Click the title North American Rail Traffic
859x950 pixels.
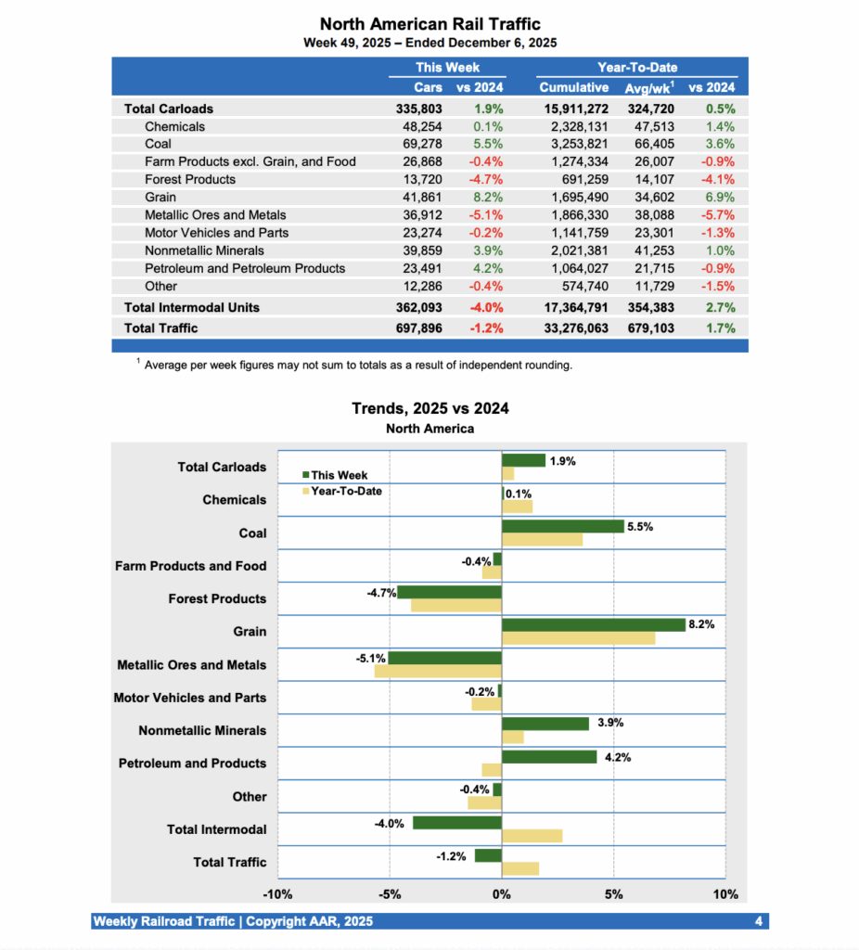[429, 24]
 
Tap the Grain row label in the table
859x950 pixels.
[160, 197]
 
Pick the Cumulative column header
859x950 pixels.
[574, 87]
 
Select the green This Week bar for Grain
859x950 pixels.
[593, 625]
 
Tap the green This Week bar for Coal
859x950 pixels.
[562, 526]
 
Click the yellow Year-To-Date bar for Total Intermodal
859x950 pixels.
[532, 836]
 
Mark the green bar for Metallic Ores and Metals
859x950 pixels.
[444, 658]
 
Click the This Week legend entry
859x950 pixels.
[339, 475]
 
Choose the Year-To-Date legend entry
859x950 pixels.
[345, 491]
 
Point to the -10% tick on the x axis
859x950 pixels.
[278, 894]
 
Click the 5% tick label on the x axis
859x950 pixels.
[613, 894]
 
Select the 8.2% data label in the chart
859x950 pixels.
[701, 624]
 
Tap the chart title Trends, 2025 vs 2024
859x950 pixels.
[429, 408]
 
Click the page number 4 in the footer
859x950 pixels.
[759, 921]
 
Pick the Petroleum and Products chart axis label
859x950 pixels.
[192, 764]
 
